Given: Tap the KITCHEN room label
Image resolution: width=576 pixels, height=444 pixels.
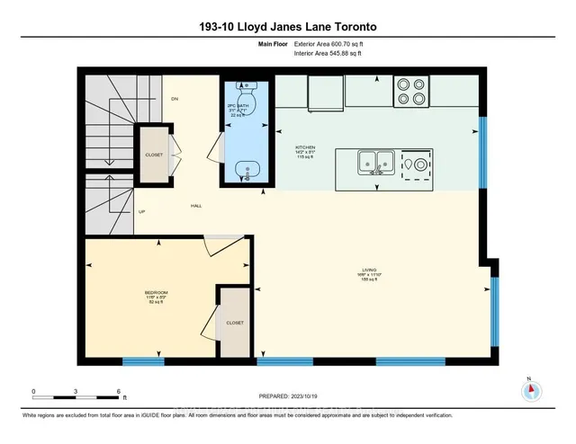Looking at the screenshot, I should click(x=306, y=147).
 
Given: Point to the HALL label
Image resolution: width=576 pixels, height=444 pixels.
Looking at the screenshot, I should click(x=195, y=206).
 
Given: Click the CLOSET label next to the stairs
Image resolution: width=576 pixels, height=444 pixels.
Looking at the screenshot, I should click(x=154, y=155).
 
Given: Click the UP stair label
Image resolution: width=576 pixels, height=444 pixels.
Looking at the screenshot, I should click(x=141, y=212).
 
